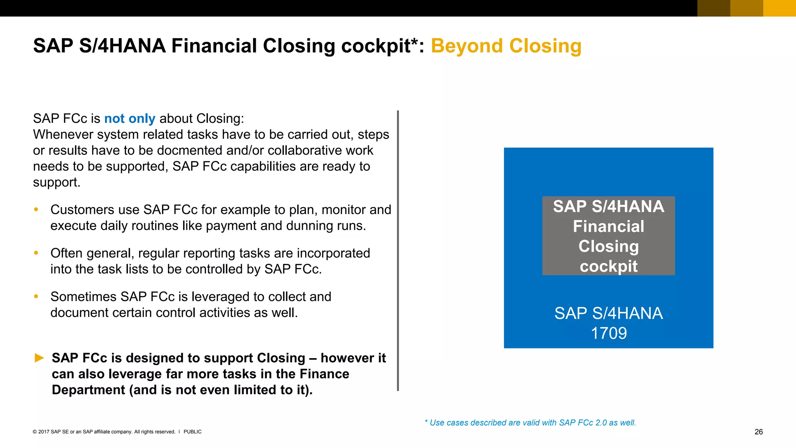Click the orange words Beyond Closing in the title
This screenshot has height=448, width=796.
506,46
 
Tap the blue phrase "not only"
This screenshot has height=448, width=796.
129,118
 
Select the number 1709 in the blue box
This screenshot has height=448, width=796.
609,333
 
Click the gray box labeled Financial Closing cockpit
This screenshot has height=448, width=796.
608,236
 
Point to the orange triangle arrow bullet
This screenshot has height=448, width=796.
39,358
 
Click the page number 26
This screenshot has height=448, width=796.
758,432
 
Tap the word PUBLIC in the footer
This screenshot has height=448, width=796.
192,432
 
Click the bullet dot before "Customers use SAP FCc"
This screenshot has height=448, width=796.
36,210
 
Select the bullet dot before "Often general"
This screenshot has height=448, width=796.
36,253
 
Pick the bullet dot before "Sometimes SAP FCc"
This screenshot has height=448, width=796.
36,297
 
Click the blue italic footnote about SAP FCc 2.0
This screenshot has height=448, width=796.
530,423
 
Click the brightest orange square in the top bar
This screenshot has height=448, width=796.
779,8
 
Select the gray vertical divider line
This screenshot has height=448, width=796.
398,250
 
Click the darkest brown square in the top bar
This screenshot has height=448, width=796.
714,8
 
